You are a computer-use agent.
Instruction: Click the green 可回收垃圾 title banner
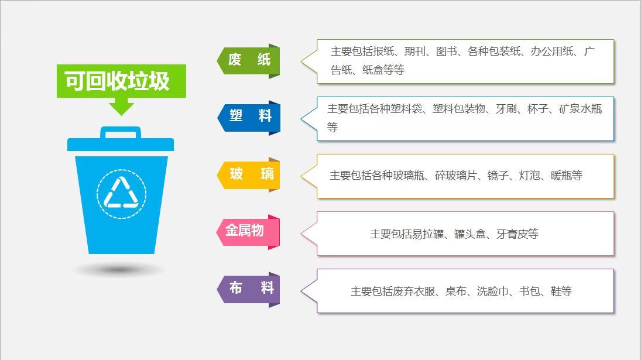coord(121,81)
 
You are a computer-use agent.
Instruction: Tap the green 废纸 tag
coord(249,61)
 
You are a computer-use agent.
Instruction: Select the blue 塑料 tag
coord(249,118)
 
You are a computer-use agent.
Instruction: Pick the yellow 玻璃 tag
coord(249,175)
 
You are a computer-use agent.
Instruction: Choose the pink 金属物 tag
coord(248,232)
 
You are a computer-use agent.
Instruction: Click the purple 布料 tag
coord(249,289)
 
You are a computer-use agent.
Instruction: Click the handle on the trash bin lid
coord(121,132)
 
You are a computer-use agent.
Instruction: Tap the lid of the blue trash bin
coord(121,144)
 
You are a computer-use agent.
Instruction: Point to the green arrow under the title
coord(121,107)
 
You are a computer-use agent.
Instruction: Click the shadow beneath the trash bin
coord(119,270)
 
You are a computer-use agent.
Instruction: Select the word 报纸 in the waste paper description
coord(383,52)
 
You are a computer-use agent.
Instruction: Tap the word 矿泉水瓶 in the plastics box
coord(581,109)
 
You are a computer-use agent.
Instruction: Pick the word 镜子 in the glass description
coord(498,176)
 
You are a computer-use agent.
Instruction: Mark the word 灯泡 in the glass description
coord(529,176)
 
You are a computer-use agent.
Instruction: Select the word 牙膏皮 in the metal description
coord(512,234)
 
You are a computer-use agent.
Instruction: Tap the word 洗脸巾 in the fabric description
coord(493,292)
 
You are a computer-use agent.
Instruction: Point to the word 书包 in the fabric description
coord(530,292)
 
